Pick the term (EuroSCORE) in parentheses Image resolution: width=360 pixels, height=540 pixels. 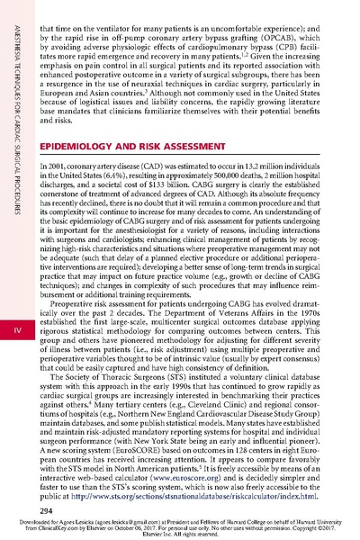click(x=138, y=446)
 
